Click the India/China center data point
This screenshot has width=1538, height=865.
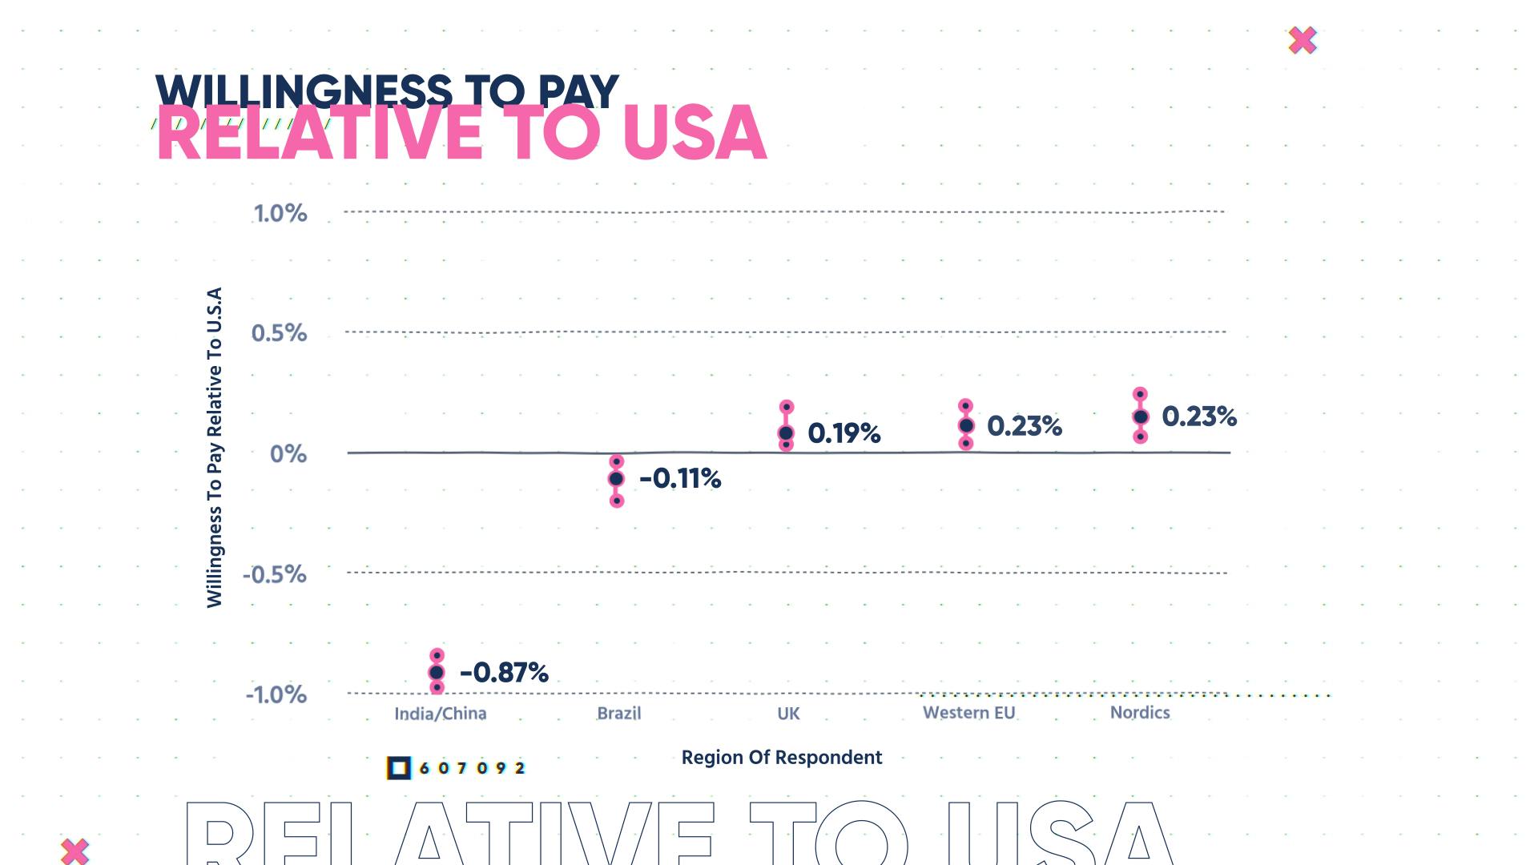pos(437,672)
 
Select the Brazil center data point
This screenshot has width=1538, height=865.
pos(616,479)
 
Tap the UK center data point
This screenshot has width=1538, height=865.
pos(786,433)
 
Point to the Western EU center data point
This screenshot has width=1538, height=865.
pos(966,425)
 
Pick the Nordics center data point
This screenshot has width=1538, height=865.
pos(1141,416)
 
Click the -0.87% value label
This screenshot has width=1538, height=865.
pos(504,672)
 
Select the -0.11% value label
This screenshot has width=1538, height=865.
pos(680,479)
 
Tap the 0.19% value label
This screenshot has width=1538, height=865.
pos(843,433)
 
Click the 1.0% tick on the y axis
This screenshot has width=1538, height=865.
pos(280,213)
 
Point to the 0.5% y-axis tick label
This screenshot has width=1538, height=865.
pos(279,333)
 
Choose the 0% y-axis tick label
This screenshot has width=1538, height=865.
pos(288,454)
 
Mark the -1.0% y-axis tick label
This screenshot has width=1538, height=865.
pos(276,694)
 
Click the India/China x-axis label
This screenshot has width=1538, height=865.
pos(440,714)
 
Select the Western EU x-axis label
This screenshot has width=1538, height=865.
pos(968,713)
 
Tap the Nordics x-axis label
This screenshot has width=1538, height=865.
pos(1140,713)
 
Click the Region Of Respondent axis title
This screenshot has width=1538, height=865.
pos(781,758)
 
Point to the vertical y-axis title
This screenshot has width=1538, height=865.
pos(214,448)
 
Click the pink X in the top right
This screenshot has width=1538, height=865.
pos(1302,40)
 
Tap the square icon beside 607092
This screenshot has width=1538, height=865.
pos(398,768)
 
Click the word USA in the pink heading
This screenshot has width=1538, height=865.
pos(694,133)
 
